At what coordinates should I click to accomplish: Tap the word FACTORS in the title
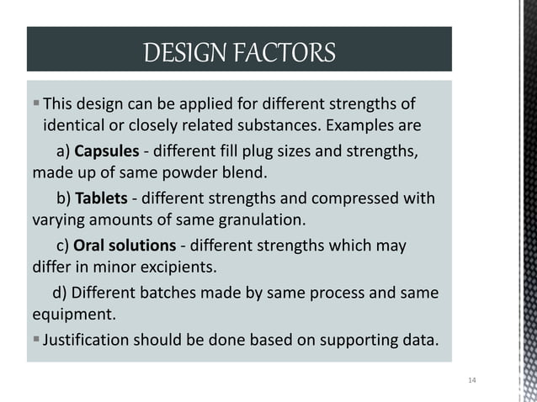[289, 53]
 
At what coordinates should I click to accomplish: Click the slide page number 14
[471, 382]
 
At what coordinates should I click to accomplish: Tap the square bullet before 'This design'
[35, 104]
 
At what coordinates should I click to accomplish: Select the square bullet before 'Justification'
[35, 341]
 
